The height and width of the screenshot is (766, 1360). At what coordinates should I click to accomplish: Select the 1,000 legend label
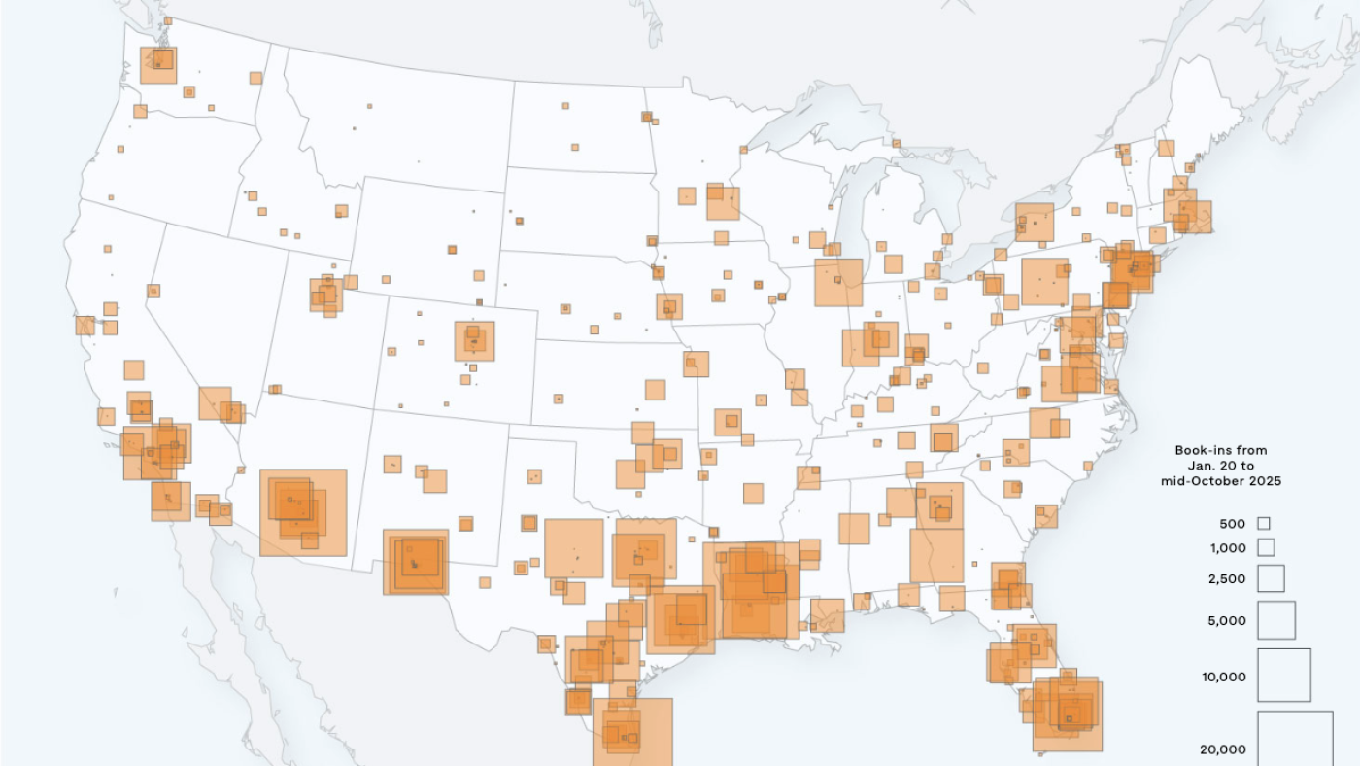[1227, 548]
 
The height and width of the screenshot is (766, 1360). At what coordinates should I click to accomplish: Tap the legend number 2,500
[1227, 579]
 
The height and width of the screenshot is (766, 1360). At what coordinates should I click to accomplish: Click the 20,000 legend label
[1223, 749]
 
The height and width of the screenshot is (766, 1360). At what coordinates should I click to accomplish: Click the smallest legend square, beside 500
[1264, 524]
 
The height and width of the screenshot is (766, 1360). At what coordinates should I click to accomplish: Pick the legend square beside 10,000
[1284, 676]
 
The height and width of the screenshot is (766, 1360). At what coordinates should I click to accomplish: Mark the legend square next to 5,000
[1276, 620]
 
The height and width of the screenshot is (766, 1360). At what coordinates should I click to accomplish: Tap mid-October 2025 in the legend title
[1221, 481]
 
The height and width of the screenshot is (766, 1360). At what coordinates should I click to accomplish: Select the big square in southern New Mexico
[416, 562]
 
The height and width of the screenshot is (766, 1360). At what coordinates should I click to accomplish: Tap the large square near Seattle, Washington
[157, 65]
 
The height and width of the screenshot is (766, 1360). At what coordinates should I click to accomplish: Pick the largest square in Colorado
[475, 341]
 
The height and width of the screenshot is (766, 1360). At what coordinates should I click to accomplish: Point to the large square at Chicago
[838, 283]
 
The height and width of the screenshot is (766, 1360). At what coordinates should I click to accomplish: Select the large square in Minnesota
[723, 203]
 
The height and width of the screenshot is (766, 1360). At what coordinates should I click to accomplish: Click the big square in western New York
[1035, 222]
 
